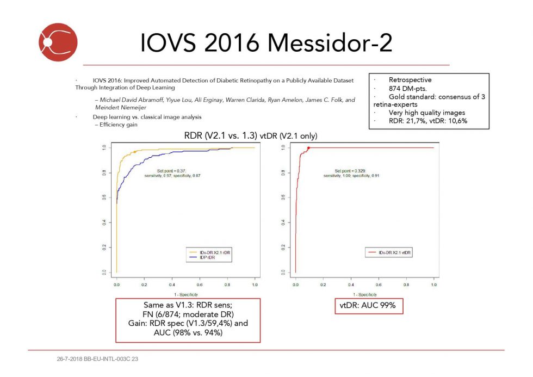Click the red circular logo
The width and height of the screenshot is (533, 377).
point(58,42)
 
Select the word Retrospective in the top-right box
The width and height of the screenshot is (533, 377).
point(411,79)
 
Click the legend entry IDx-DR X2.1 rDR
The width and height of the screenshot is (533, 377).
point(213,252)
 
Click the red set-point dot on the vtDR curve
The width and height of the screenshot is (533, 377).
point(308,148)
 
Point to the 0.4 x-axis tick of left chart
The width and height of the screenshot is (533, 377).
point(172,285)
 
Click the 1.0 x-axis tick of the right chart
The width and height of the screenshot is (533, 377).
point(434,285)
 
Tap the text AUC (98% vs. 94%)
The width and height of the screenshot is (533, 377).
point(187,332)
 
